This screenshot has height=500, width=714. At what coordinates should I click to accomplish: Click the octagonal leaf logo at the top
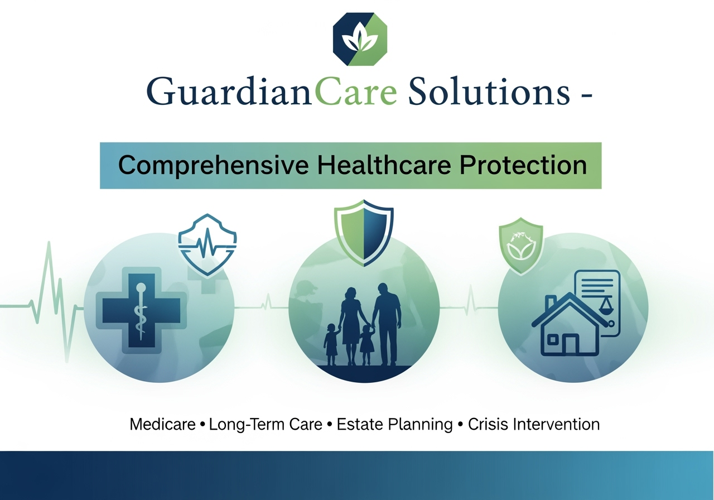360,39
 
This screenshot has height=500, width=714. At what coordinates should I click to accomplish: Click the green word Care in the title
356,90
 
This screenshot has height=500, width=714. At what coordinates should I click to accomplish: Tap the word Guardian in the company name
229,90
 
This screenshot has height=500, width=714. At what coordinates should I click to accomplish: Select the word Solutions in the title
489,91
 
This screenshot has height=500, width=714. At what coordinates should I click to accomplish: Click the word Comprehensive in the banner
213,166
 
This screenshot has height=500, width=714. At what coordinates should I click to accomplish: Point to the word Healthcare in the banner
384,165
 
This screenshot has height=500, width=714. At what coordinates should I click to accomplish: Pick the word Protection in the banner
523,165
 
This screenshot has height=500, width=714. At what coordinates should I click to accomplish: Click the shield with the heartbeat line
208,244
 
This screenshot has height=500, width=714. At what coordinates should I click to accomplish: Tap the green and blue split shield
364,233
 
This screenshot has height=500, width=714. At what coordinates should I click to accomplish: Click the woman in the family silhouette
351,326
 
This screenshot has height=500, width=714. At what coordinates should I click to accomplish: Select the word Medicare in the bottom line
162,425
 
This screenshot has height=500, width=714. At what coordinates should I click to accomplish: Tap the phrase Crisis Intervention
534,425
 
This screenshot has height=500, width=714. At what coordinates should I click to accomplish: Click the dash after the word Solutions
587,95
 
